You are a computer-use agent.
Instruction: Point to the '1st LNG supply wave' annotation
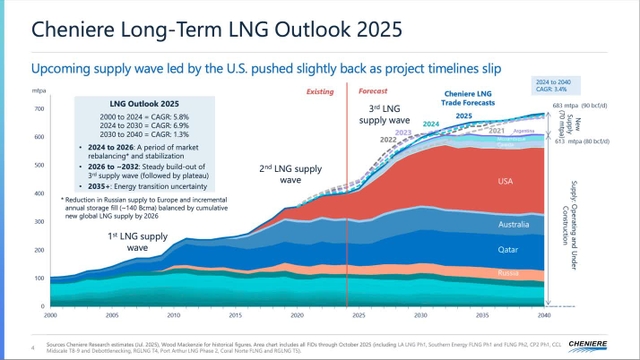[x=140, y=241]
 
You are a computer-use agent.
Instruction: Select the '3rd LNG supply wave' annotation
[x=390, y=116]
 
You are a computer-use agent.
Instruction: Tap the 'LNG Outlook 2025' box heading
[x=144, y=102]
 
